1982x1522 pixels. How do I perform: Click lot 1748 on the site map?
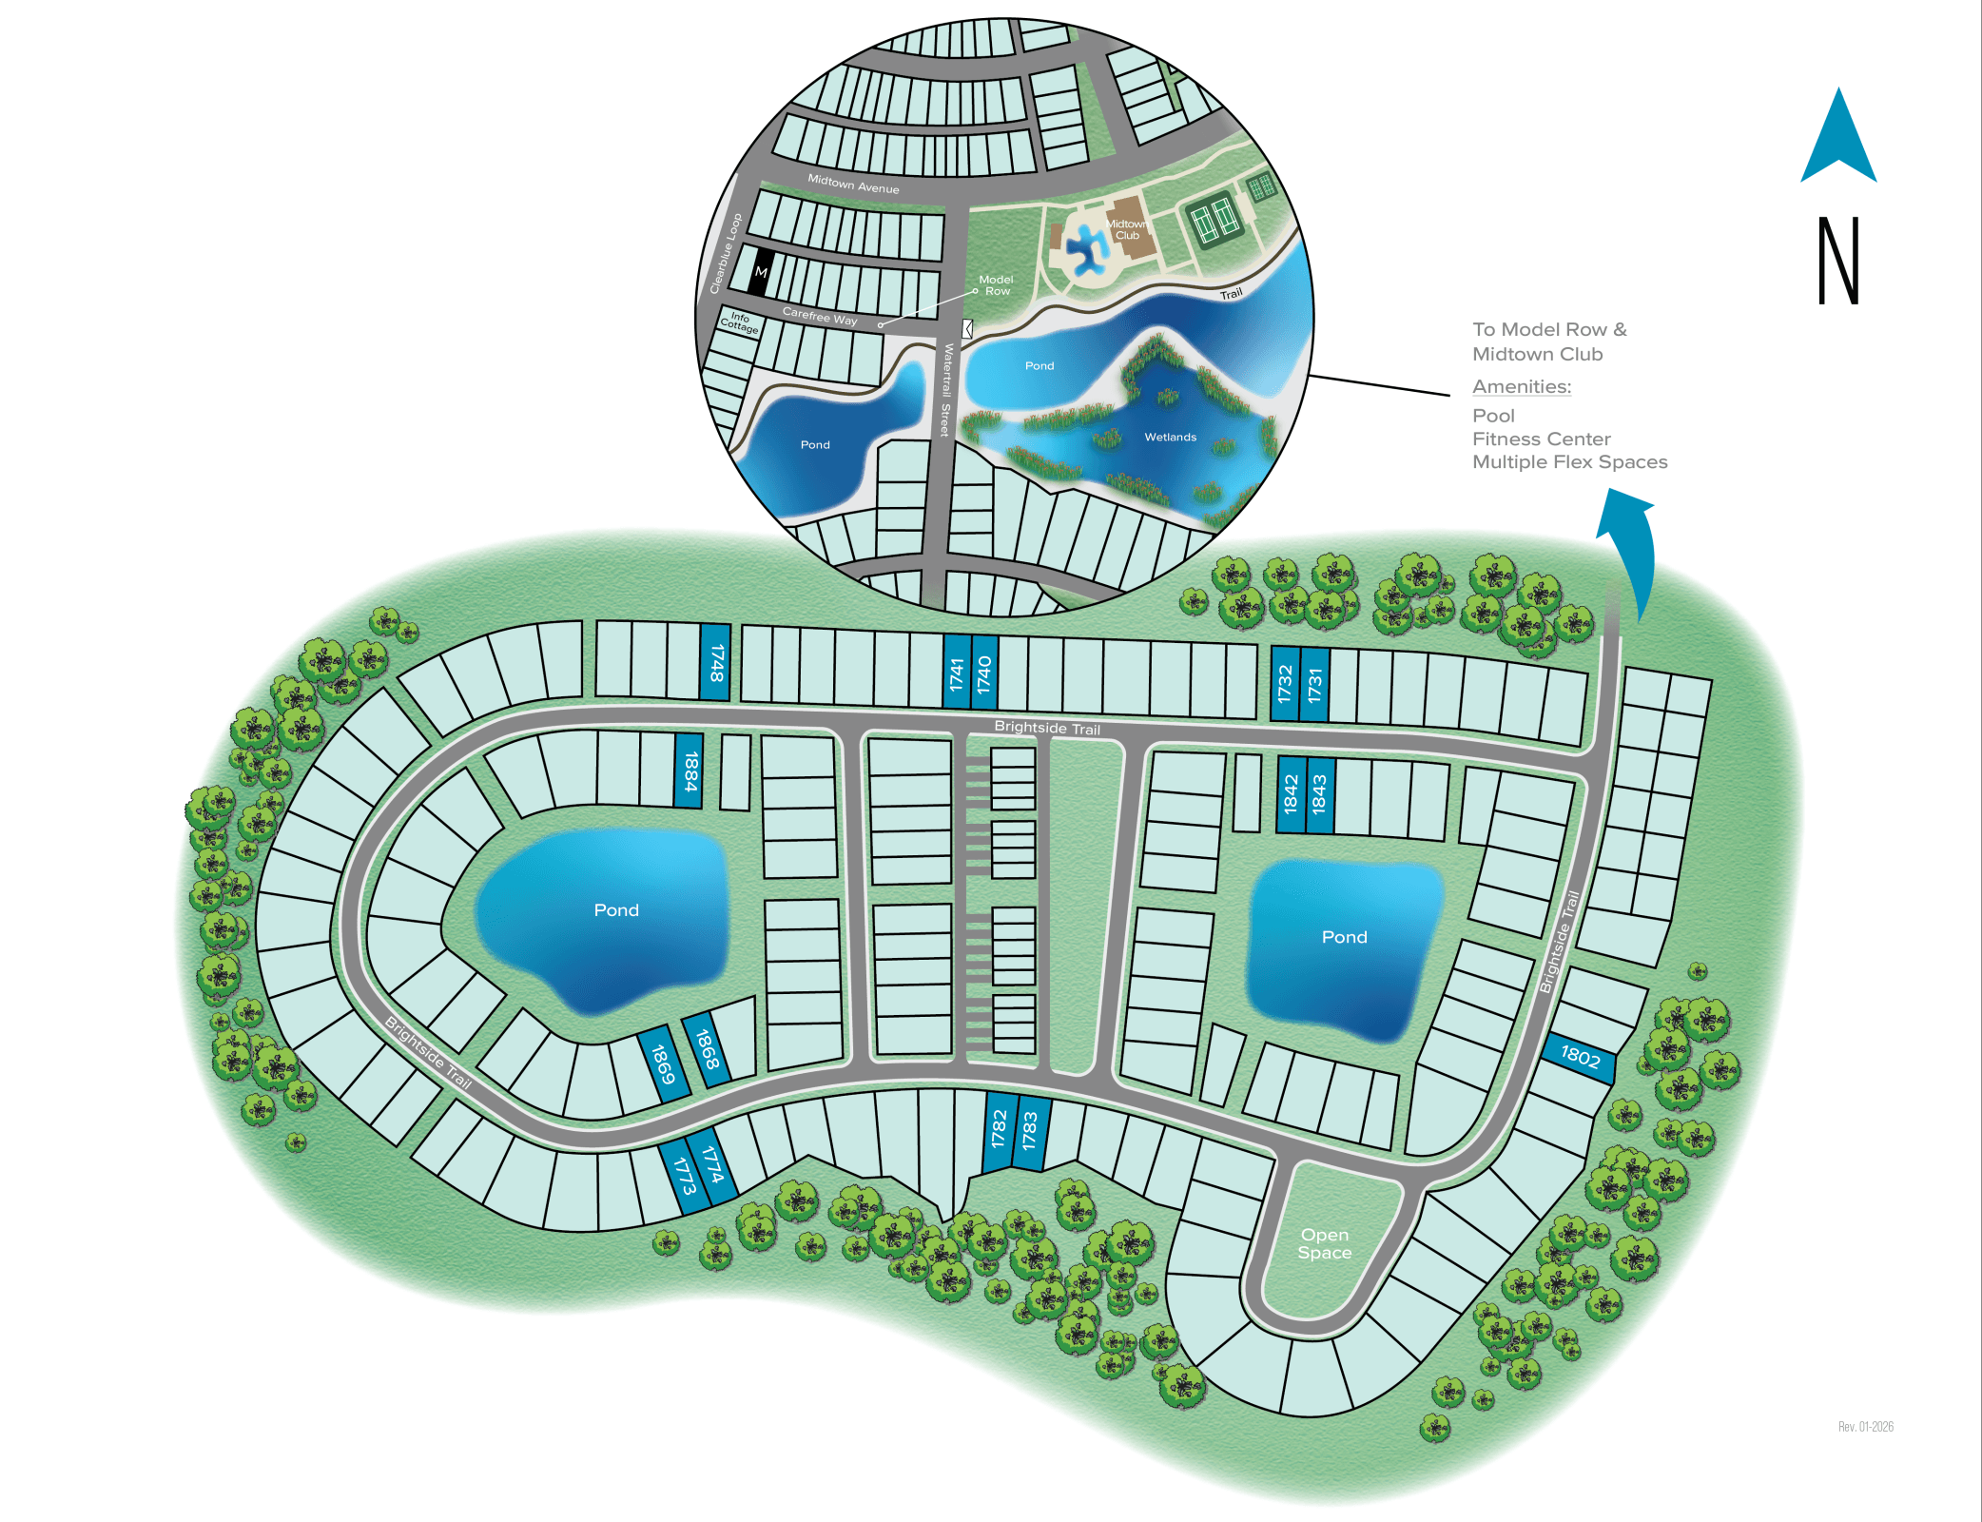(x=715, y=662)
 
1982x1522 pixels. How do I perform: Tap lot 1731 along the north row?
(x=1314, y=684)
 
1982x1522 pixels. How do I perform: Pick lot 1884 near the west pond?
(x=690, y=771)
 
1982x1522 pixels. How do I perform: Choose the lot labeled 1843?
(x=1319, y=793)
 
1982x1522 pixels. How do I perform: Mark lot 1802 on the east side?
(x=1580, y=1057)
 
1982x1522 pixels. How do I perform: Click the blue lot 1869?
(x=663, y=1063)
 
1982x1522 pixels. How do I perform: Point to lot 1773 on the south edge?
(x=684, y=1176)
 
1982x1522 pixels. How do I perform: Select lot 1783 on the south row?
(x=1030, y=1132)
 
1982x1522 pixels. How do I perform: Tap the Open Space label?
(x=1324, y=1243)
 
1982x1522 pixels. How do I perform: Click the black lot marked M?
(x=761, y=272)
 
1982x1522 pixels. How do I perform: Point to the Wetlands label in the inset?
(x=1170, y=438)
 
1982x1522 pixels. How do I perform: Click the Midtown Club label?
(x=1127, y=229)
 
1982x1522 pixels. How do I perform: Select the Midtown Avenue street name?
(x=853, y=184)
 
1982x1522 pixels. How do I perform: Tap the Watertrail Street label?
(x=946, y=390)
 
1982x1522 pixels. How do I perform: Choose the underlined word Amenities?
(x=1522, y=386)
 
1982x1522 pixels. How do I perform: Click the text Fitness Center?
(x=1541, y=439)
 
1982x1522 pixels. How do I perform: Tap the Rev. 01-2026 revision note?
(x=1865, y=1426)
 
